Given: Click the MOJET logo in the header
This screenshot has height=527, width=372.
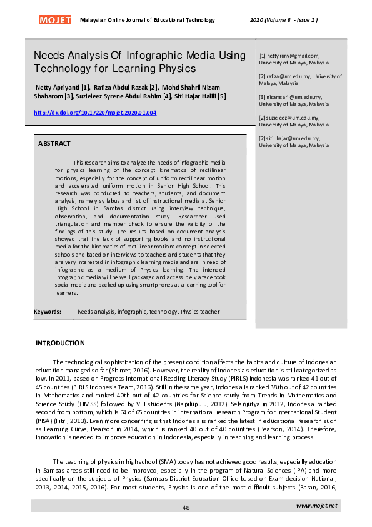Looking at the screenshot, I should (55, 20).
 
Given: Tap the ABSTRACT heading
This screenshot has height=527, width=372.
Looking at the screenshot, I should (54, 144).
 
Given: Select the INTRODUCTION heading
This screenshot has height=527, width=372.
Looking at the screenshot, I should (60, 343).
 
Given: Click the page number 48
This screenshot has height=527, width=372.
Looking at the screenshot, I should (186, 508).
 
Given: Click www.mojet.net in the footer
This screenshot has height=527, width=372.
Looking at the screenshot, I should (317, 505).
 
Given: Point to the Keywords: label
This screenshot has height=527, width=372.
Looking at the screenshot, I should (48, 311).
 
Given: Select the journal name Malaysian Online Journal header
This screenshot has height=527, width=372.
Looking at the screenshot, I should (148, 20).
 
